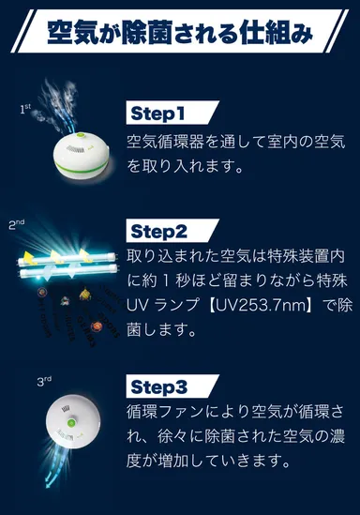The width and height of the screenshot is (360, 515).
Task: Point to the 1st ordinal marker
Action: click(26, 110)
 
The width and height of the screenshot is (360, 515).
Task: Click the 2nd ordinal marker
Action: click(16, 225)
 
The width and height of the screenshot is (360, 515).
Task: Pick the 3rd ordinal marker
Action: click(43, 382)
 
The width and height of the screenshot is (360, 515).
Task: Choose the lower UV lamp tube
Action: click(66, 275)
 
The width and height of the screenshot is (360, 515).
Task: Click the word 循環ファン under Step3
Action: click(169, 412)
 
